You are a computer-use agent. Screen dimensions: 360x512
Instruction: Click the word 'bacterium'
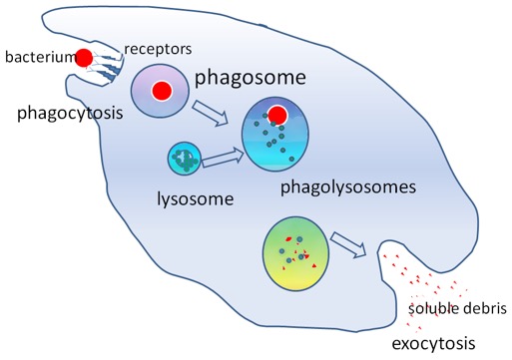point(37,57)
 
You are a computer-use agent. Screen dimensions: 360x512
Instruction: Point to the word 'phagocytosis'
point(62,113)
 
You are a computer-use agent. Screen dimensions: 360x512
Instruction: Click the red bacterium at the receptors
point(87,58)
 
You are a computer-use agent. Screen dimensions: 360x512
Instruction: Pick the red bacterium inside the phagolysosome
point(278,116)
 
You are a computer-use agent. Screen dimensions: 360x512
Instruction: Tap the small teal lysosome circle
point(185,159)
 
